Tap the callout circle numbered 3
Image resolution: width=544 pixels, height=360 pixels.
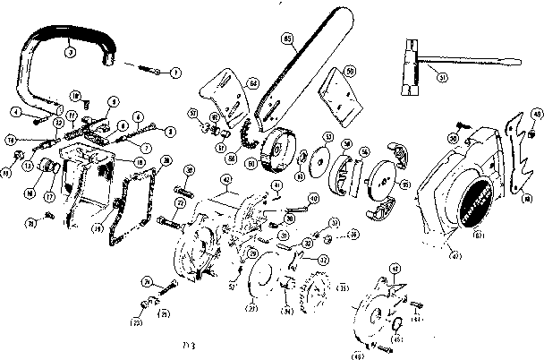click(69, 53)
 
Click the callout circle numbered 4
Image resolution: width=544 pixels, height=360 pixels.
click(17, 111)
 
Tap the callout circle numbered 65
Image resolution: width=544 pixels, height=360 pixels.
click(287, 39)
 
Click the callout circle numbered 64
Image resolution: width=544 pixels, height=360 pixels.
click(254, 84)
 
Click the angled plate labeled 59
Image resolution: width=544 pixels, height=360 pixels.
click(339, 93)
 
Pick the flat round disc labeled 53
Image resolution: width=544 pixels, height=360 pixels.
click(316, 161)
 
